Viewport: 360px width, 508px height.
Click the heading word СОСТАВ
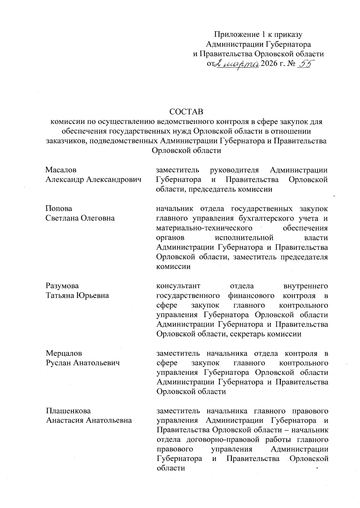pyautogui.click(x=186, y=112)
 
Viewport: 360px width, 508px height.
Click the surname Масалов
pyautogui.click(x=61, y=170)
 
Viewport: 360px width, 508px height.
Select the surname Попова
pyautogui.click(x=59, y=208)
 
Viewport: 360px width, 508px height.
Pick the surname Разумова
pyautogui.click(x=62, y=286)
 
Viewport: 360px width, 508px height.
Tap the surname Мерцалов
pyautogui.click(x=64, y=353)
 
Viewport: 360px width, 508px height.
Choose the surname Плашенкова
pyautogui.click(x=68, y=411)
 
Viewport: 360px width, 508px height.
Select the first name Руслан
pyautogui.click(x=58, y=363)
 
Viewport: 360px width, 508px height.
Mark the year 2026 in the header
pyautogui.click(x=270, y=64)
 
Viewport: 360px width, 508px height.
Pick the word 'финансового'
pyautogui.click(x=251, y=295)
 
